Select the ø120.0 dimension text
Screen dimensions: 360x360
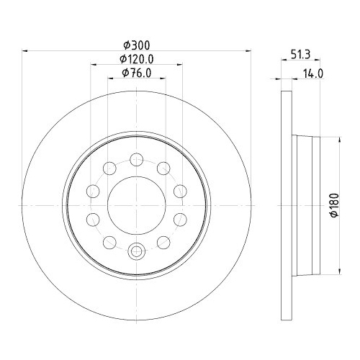point(136,58)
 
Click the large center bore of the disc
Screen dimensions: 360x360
point(136,204)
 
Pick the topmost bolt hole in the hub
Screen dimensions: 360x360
point(136,158)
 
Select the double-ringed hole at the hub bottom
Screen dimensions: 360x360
point(136,251)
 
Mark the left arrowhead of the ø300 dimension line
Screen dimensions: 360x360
point(26,50)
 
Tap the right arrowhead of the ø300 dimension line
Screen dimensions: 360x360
point(247,50)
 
